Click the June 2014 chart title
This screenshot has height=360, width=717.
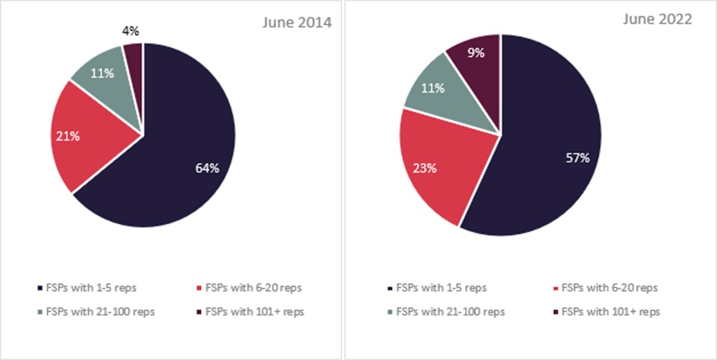296,22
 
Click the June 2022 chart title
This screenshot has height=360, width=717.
657,20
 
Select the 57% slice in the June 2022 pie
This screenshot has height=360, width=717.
545,149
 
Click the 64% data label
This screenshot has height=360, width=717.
208,168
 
